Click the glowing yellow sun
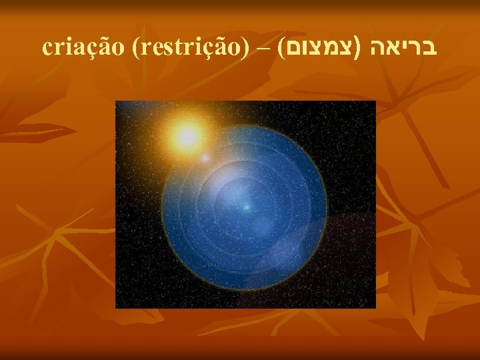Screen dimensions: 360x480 point(185,136)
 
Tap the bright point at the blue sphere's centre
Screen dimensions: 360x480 point(246,208)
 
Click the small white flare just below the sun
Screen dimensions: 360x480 point(205,159)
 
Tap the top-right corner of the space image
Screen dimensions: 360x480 point(375,101)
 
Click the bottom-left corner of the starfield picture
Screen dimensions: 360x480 point(116,307)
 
